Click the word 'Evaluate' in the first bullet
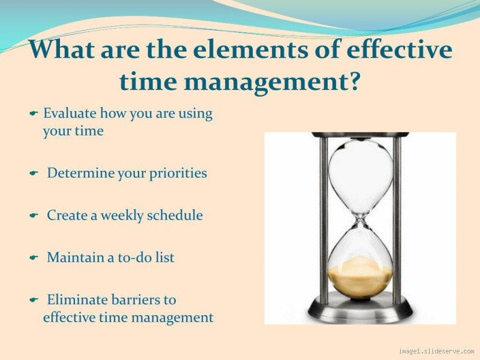coord(69,113)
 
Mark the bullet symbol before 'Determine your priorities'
coord(34,173)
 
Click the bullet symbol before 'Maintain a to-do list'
coord(34,258)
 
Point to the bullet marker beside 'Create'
coord(34,215)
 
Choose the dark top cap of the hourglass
coord(360,135)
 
